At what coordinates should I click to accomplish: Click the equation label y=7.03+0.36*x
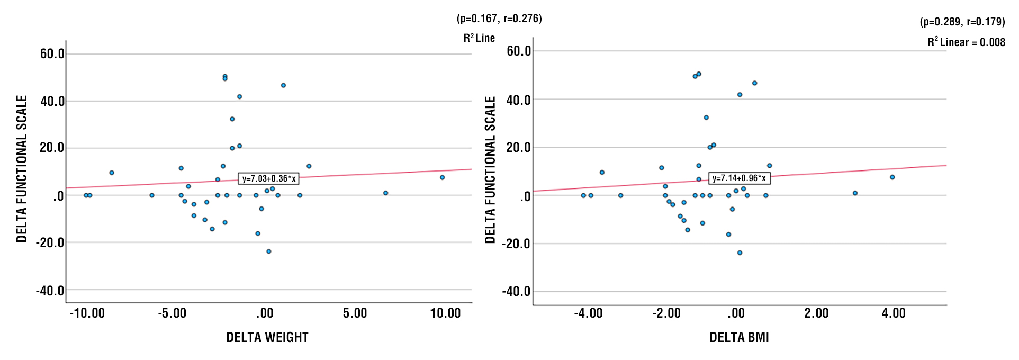click(269, 179)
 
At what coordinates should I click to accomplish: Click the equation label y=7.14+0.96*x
click(739, 178)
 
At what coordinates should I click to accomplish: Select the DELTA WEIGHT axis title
click(267, 337)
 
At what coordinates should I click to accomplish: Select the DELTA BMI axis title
click(739, 337)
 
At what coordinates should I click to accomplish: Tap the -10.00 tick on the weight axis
click(87, 313)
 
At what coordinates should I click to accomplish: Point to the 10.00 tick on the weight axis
click(445, 313)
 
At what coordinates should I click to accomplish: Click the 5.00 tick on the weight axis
click(355, 313)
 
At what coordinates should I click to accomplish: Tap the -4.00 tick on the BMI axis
click(588, 313)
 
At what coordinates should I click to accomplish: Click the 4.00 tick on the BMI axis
click(894, 313)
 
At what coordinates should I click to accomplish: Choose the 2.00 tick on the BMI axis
click(816, 313)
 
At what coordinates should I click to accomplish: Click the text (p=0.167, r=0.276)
click(499, 19)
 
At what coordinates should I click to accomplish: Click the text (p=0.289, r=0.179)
click(962, 22)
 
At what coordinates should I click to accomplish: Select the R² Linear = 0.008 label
click(966, 42)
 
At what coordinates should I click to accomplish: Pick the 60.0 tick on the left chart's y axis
click(52, 53)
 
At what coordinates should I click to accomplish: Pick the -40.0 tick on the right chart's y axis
click(516, 291)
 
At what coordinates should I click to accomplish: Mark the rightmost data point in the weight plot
click(442, 177)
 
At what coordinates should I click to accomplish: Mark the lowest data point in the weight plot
click(268, 251)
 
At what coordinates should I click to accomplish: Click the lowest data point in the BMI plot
click(740, 253)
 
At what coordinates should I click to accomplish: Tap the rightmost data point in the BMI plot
click(892, 177)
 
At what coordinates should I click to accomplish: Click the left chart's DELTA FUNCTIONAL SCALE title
click(22, 169)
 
